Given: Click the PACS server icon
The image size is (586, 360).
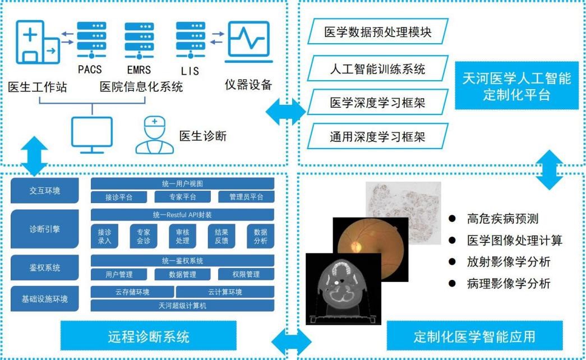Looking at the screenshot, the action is [91, 40].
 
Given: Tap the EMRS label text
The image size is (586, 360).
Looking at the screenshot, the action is [139, 70].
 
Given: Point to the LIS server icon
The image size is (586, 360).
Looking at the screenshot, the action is [191, 40].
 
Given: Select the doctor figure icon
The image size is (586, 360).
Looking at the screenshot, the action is [154, 135].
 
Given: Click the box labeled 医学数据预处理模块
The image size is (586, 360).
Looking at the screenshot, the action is [378, 31].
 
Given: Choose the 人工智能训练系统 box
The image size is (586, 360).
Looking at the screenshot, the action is [378, 68].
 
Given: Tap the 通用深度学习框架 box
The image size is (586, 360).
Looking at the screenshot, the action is [378, 136].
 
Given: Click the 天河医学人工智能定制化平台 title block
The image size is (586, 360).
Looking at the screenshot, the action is [516, 86].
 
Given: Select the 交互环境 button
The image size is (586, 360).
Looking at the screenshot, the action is [44, 191].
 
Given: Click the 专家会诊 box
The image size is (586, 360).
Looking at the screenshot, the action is [144, 236].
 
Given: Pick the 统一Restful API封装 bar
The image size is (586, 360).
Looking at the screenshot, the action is [182, 215].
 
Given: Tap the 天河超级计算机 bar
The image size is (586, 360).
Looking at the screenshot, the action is [182, 306].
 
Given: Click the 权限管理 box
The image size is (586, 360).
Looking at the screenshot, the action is [246, 274].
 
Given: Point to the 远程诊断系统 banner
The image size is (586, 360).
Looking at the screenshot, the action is [149, 336].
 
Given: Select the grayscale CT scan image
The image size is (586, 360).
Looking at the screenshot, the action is [343, 289].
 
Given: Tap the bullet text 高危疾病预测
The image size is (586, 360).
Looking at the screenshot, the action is [502, 218].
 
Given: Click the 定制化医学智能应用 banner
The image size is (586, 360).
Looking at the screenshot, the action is [474, 336].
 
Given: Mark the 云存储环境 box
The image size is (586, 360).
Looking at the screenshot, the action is [132, 292].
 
